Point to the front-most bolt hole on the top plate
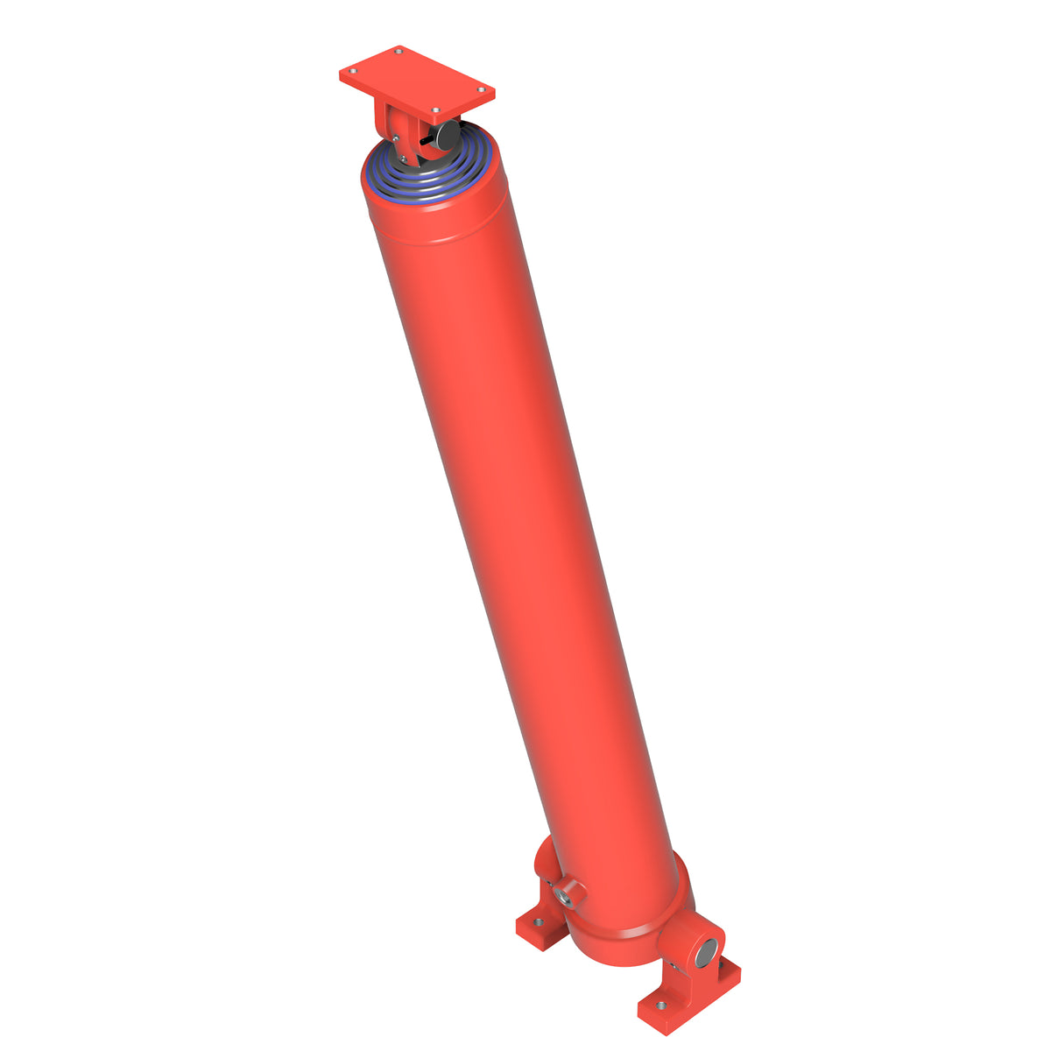435,110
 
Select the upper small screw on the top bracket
396,138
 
